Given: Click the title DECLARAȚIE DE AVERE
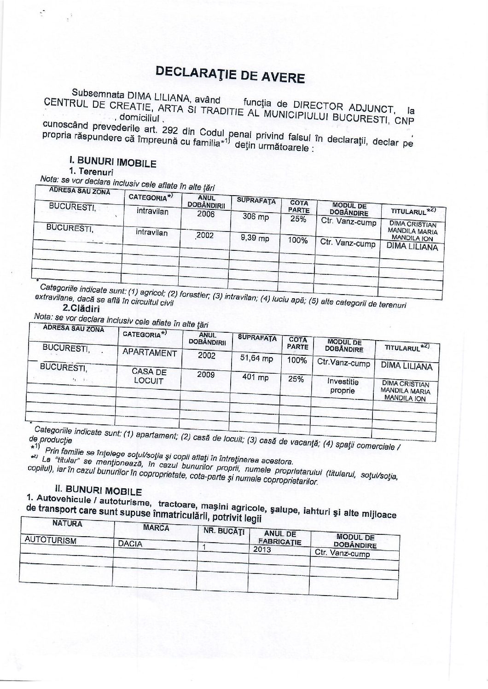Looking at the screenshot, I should [230, 74].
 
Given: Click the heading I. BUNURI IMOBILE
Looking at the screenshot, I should [112, 162].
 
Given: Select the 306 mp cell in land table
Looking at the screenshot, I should [256, 217].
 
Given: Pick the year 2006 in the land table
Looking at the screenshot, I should [205, 214].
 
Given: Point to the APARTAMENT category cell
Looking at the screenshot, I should [150, 353].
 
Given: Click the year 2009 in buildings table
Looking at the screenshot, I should [206, 375].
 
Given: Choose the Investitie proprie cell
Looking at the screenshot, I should [343, 386].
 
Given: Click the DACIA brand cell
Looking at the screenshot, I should [130, 544].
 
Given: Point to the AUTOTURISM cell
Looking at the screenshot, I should [51, 541].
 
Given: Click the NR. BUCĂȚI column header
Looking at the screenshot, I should [223, 531].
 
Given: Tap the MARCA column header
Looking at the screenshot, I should [157, 527].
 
